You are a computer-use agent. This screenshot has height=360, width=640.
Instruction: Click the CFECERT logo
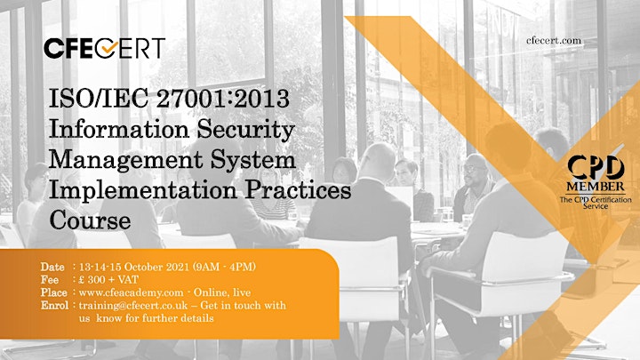(x=105, y=48)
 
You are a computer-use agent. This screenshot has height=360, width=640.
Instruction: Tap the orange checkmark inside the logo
(x=109, y=48)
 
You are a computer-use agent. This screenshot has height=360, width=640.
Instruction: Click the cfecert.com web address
(x=554, y=40)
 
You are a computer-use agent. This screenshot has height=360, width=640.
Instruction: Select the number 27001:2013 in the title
(x=223, y=99)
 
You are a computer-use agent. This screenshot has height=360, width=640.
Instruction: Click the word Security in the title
(x=245, y=130)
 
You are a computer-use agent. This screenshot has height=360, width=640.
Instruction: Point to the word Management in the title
(x=125, y=160)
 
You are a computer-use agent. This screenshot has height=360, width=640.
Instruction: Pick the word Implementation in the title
(x=143, y=190)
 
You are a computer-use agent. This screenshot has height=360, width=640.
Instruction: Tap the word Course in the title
(x=90, y=220)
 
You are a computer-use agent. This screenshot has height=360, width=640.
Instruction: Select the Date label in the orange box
(x=52, y=267)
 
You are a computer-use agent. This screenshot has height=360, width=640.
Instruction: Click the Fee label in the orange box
(x=50, y=280)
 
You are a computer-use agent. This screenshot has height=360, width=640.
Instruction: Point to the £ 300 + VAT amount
(x=108, y=280)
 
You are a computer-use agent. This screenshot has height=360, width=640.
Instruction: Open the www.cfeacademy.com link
(x=131, y=292)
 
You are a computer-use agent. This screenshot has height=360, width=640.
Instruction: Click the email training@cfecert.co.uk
(x=133, y=306)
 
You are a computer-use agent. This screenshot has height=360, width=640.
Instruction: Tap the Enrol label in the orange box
(x=54, y=305)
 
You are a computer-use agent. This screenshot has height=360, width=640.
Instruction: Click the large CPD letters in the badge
(x=596, y=168)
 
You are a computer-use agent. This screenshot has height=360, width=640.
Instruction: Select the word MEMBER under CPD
(x=596, y=187)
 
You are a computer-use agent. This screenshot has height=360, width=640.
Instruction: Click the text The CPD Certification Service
(x=596, y=203)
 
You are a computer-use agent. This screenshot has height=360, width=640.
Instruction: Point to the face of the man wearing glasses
(x=475, y=170)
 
